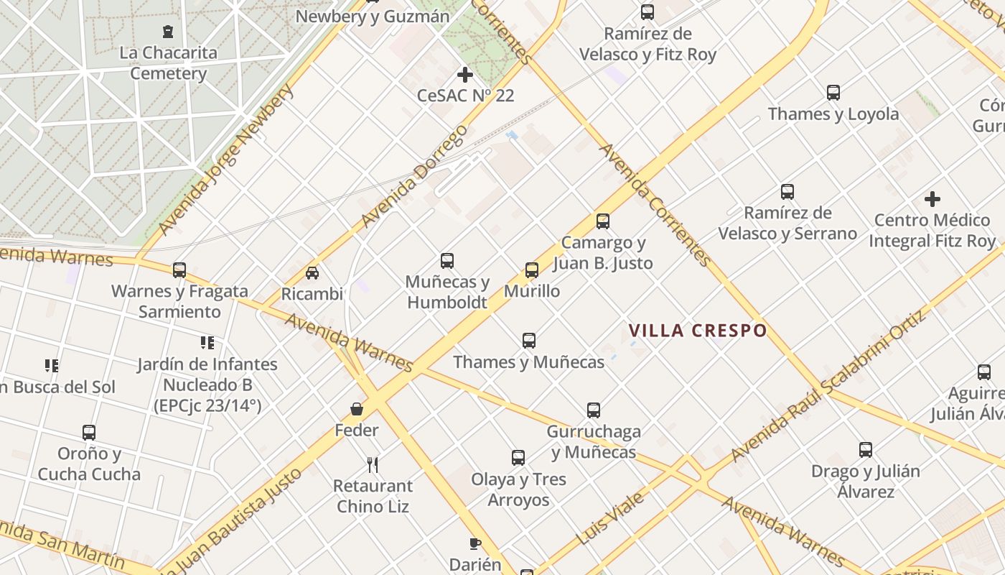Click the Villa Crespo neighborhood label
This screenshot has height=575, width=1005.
[x=698, y=331]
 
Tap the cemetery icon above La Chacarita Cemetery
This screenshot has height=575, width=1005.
[x=168, y=32]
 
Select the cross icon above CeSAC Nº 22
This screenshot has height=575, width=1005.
[x=465, y=74]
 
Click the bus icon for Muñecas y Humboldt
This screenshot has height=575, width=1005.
[x=447, y=260]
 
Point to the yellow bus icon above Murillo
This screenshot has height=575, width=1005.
[x=532, y=270]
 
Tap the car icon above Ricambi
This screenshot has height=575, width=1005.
[x=312, y=273]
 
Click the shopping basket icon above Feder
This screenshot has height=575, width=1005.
[x=357, y=409]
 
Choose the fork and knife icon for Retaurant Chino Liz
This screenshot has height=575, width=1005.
[x=372, y=465]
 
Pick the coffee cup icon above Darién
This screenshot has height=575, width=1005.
[x=475, y=543]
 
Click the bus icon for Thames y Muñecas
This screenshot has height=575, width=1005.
[x=529, y=341]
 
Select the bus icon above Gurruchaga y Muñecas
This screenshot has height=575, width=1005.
[x=594, y=410]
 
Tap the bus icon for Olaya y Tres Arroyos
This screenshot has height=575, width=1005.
[x=518, y=458]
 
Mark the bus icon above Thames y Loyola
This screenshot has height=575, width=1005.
[x=833, y=93]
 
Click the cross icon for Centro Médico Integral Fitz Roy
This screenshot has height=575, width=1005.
[x=932, y=199]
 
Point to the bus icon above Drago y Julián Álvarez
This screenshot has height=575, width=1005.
[x=866, y=450]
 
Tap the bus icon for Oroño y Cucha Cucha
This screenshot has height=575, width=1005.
[x=89, y=433]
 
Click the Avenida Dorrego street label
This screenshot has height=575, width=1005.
[x=414, y=176]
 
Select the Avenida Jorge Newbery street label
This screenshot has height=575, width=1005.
[x=226, y=160]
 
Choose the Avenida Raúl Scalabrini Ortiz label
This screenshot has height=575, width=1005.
[x=829, y=386]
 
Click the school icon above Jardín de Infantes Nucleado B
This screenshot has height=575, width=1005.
[x=207, y=342]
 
